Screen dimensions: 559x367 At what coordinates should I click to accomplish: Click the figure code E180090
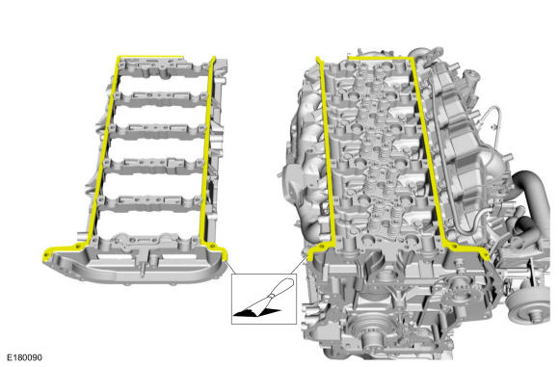click(x=24, y=357)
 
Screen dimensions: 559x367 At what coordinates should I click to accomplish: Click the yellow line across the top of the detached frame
click(x=150, y=57)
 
